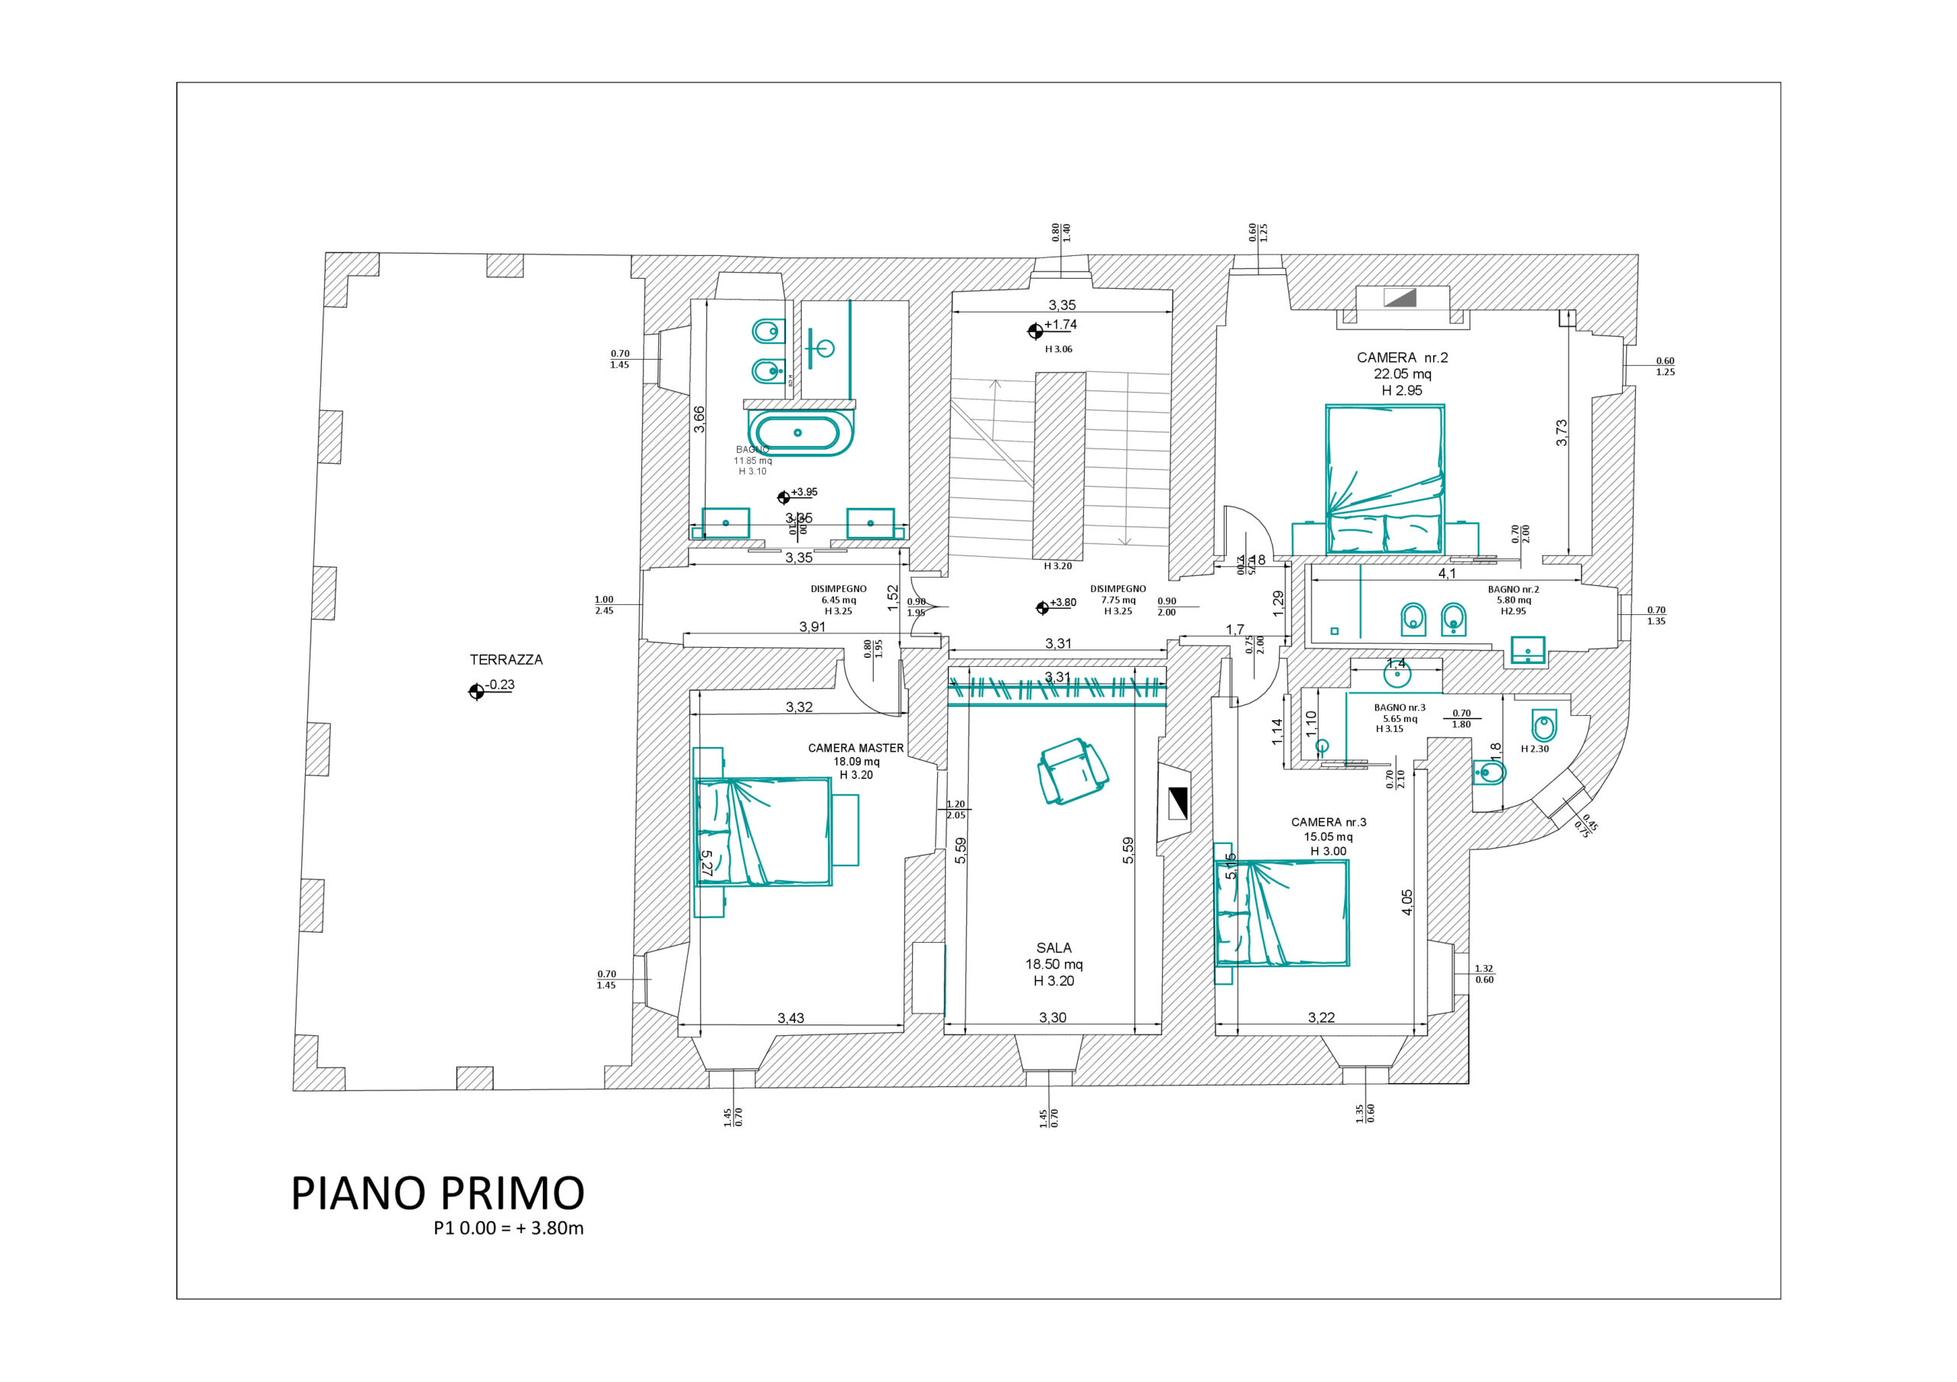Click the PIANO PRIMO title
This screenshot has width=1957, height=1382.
coord(437,1193)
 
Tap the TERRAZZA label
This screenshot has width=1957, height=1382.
coord(506,659)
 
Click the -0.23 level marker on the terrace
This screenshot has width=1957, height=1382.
coord(499,685)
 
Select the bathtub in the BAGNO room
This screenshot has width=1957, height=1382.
coord(800,433)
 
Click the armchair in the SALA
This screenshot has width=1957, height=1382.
coord(1073,770)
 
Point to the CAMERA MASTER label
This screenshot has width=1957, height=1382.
coord(855,748)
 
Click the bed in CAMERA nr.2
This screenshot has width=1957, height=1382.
coord(1384,479)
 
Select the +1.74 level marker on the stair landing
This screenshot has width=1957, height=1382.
coord(1060,325)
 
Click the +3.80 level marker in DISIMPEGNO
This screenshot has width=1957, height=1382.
coord(1061,603)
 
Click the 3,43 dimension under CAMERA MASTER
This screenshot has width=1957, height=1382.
coord(790,1018)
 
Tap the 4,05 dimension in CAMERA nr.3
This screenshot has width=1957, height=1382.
coord(1407,902)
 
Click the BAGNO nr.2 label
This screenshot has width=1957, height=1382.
coord(1514,590)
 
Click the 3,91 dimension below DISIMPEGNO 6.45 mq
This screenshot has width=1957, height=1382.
coord(813,626)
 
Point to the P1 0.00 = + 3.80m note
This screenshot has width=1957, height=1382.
coord(508,1228)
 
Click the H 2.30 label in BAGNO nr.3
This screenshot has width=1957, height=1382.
coord(1535,749)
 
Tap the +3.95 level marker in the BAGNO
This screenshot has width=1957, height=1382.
coord(803,493)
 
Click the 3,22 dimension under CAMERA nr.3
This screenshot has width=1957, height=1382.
coord(1321,1018)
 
